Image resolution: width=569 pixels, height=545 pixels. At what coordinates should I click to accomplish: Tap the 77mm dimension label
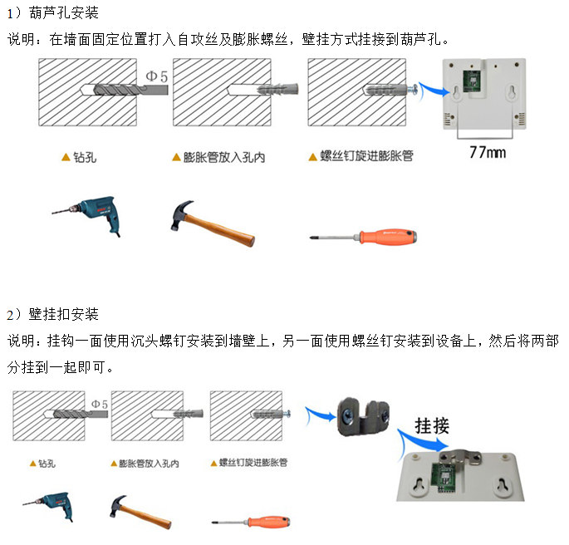coord(488,152)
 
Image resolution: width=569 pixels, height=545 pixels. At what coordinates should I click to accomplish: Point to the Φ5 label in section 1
coord(158,76)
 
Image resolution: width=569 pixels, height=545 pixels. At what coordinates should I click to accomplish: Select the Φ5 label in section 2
coord(99,403)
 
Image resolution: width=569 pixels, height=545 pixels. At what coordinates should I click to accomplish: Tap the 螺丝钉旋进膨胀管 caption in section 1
coord(366,156)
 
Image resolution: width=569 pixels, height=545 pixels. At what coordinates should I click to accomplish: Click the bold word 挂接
coord(431,426)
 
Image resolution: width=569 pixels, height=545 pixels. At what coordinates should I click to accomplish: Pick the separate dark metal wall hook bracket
coord(363,415)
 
